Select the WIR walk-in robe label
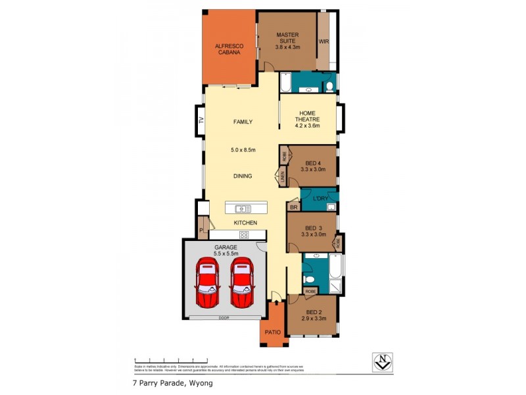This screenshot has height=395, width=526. [323, 41]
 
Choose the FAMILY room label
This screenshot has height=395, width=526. [243, 122]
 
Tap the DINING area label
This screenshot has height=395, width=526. [243, 176]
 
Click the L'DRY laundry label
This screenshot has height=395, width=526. [320, 198]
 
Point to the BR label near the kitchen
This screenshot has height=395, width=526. [293, 207]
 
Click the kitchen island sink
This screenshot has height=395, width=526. [243, 209]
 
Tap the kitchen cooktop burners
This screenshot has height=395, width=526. [243, 234]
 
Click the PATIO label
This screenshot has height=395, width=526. [273, 332]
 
